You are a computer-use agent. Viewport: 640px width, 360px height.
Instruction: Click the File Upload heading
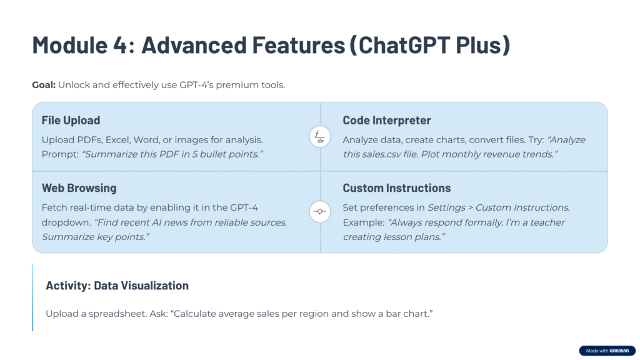point(71,121)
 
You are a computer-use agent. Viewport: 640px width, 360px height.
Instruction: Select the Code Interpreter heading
point(386,121)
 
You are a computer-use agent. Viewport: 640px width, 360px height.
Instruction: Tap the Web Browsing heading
point(79,188)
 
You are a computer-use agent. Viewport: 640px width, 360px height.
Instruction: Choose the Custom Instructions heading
point(397,188)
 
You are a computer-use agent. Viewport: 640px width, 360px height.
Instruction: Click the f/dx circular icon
point(320,137)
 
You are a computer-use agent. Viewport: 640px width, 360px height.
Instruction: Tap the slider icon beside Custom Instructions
point(320,211)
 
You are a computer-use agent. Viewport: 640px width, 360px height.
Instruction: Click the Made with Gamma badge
point(607,351)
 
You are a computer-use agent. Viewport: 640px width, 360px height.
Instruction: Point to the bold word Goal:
point(44,85)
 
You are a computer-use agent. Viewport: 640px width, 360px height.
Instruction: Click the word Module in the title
point(70,44)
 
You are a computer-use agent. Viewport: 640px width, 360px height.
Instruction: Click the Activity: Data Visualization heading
point(117,286)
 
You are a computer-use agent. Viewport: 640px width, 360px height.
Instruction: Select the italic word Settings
point(446,207)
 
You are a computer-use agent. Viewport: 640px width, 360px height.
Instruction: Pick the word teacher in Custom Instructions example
point(547,222)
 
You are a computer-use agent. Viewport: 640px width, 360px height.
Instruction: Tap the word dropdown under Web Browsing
point(66,223)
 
